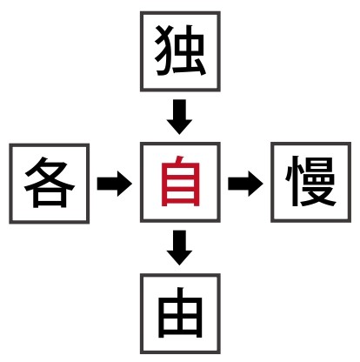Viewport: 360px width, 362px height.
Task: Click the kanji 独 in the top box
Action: pyautogui.click(x=180, y=50)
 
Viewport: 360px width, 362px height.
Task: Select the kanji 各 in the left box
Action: pyautogui.click(x=50, y=182)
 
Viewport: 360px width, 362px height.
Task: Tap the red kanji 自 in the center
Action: pyautogui.click(x=181, y=181)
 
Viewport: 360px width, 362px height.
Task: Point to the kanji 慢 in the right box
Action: pyautogui.click(x=311, y=181)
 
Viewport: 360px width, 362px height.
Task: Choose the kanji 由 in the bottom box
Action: pyautogui.click(x=180, y=312)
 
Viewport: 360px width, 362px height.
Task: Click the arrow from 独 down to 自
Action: pyautogui.click(x=179, y=117)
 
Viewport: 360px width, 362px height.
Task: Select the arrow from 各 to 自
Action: pyautogui.click(x=114, y=184)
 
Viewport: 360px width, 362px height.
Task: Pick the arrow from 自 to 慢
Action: pyautogui.click(x=245, y=184)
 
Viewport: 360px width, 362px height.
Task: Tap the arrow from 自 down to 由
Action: pyautogui.click(x=179, y=248)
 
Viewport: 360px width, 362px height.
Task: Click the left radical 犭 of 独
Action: pyautogui.click(x=163, y=50)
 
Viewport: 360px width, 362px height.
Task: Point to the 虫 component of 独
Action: pyautogui.click(x=190, y=50)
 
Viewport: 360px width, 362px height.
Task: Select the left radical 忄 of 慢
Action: pyautogui.click(x=292, y=181)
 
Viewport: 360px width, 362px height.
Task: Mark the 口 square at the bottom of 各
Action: pyautogui.click(x=50, y=198)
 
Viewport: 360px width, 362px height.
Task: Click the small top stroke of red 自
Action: pyautogui.click(x=180, y=159)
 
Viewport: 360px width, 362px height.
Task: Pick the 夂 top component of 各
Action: pyautogui.click(x=50, y=172)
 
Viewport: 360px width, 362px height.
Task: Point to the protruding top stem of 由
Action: pyautogui.click(x=180, y=293)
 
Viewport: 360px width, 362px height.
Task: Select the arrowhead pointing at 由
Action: pyautogui.click(x=179, y=258)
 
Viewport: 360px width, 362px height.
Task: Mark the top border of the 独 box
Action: pyautogui.click(x=180, y=13)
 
